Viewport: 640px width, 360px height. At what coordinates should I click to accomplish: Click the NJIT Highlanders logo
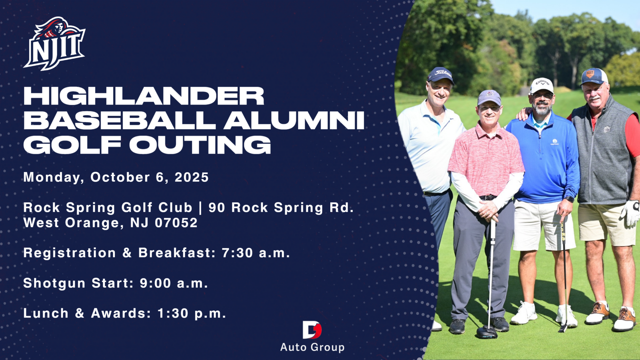pyautogui.click(x=54, y=44)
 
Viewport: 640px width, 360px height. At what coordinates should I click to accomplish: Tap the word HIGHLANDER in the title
pyautogui.click(x=144, y=96)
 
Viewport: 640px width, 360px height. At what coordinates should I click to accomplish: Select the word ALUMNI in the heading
pyautogui.click(x=294, y=121)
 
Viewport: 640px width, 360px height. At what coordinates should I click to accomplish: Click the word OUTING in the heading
pyautogui.click(x=200, y=145)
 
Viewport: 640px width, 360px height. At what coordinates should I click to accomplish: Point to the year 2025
pyautogui.click(x=192, y=177)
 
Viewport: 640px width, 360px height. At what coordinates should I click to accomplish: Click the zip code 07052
pyautogui.click(x=176, y=223)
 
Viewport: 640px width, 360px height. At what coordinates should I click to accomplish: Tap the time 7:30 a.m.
pyautogui.click(x=256, y=253)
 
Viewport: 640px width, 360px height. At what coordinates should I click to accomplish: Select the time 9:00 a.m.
pyautogui.click(x=174, y=283)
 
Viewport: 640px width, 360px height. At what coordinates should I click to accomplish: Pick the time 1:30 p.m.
pyautogui.click(x=192, y=313)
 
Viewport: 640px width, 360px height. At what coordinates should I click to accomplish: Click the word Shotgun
pyautogui.click(x=54, y=284)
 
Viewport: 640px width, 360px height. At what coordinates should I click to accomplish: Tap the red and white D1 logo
pyautogui.click(x=312, y=330)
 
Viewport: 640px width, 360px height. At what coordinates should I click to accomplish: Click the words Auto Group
pyautogui.click(x=312, y=347)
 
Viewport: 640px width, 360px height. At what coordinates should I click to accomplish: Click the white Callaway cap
pyautogui.click(x=541, y=85)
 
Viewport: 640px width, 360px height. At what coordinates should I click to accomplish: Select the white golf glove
pyautogui.click(x=630, y=213)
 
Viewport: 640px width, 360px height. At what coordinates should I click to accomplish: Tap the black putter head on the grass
pyautogui.click(x=487, y=333)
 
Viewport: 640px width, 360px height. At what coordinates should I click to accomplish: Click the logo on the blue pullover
pyautogui.click(x=555, y=142)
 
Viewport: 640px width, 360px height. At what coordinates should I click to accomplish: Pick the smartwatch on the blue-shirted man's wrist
pyautogui.click(x=569, y=199)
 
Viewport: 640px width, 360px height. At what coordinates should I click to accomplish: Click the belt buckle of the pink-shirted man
pyautogui.click(x=487, y=198)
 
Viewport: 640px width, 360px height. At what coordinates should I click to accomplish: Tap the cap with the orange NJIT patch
pyautogui.click(x=594, y=76)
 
